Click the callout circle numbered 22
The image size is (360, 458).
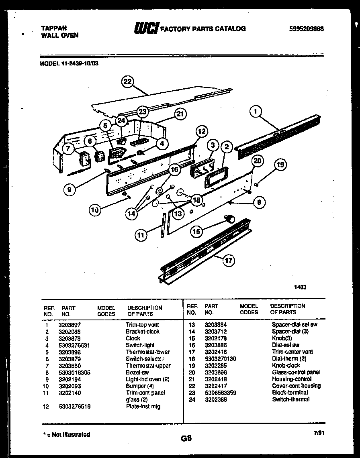(x=127, y=81)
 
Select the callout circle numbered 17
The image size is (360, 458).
(x=228, y=260)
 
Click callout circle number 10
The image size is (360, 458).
(x=95, y=210)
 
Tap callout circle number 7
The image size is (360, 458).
(x=68, y=149)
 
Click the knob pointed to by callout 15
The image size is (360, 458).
(x=231, y=218)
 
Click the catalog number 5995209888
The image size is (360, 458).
(x=307, y=29)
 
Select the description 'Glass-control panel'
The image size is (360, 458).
(x=296, y=372)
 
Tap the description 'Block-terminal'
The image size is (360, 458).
(x=290, y=393)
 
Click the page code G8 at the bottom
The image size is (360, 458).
(x=186, y=438)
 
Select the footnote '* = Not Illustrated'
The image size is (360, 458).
(x=66, y=434)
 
